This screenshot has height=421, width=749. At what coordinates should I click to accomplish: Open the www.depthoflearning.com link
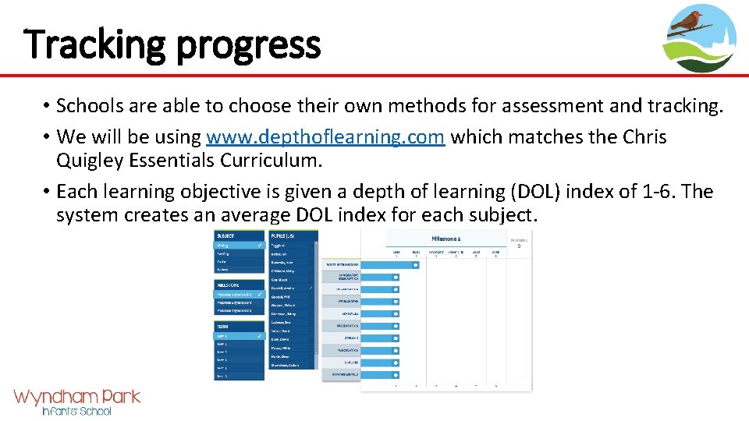click(325, 137)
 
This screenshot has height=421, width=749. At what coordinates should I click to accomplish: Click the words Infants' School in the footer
click(76, 411)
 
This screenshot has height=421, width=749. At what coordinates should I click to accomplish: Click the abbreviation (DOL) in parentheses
click(532, 192)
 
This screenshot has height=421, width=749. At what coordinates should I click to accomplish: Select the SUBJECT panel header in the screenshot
click(226, 235)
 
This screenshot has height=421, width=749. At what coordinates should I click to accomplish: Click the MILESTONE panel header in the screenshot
click(229, 285)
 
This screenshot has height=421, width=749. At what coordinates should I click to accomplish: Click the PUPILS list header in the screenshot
click(282, 235)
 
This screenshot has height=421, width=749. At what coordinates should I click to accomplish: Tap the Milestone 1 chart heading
click(445, 238)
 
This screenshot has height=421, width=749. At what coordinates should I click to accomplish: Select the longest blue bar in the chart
click(391, 265)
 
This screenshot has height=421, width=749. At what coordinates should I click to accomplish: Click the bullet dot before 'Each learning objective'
click(47, 192)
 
